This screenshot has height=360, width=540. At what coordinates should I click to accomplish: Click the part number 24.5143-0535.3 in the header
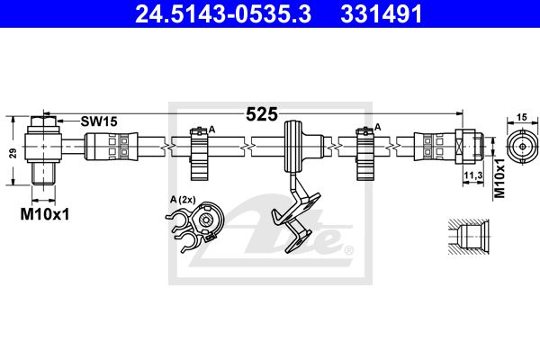[x=223, y=13]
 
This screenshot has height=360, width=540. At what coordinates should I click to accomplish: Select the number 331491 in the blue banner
[x=382, y=13]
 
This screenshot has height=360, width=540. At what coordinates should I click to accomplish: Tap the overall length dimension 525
[x=262, y=114]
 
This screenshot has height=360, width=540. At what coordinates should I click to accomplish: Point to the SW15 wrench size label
[x=99, y=121]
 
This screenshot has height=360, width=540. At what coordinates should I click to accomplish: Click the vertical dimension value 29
[x=13, y=153]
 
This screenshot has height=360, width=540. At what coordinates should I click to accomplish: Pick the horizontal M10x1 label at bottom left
[x=45, y=214]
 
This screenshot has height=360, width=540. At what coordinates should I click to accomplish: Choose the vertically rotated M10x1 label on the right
[x=499, y=178]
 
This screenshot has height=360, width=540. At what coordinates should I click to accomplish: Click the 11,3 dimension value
[x=472, y=175]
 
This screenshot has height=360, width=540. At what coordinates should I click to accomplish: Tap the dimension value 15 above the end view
[x=522, y=117]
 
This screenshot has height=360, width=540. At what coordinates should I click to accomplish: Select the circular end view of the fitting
[x=522, y=147]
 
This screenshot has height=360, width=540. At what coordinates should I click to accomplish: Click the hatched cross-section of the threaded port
[x=469, y=237]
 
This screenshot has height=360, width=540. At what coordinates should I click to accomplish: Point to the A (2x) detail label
[x=183, y=200]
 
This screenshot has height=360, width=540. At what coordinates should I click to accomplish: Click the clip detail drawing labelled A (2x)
[x=195, y=227]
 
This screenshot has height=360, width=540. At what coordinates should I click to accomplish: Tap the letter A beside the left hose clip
[x=211, y=130]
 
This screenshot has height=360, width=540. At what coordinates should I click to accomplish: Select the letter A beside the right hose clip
[x=377, y=127]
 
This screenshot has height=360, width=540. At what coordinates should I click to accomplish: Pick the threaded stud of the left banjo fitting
[x=43, y=174]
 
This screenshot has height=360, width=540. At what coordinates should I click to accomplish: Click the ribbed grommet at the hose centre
[x=292, y=147]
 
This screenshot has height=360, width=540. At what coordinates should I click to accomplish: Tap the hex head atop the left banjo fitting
[x=43, y=121]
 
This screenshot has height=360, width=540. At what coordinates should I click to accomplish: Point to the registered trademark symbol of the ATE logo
[x=349, y=250]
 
